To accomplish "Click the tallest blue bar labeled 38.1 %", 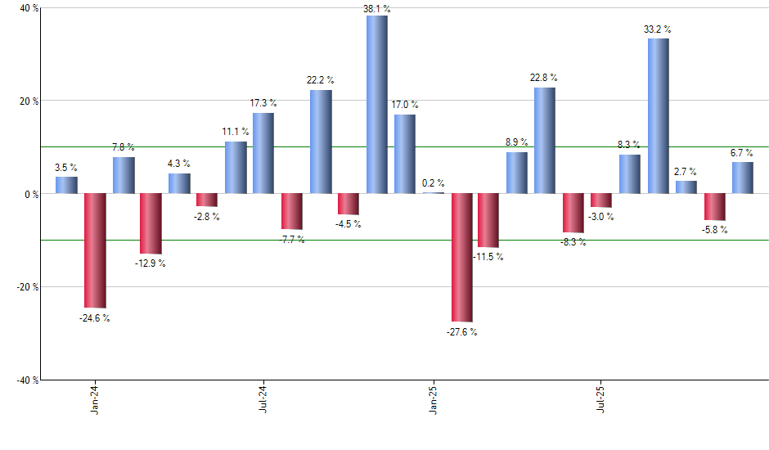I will point(377,105).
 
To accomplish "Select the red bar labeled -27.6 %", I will point(461,258).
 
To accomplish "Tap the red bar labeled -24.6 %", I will point(95,250).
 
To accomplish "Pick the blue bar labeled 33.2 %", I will point(659,116).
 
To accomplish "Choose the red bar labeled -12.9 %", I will point(151,223).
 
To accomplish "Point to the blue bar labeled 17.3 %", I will point(263,153).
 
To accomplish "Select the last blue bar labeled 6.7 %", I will point(743,178).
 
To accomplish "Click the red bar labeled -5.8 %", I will point(715,207).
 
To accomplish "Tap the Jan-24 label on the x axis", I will point(96,398).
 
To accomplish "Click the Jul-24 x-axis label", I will point(264,398).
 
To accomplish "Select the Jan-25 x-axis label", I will point(434,398).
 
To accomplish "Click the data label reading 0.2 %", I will point(433,183).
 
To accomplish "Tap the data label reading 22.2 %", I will point(321,79).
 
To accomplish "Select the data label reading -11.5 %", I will point(488,257).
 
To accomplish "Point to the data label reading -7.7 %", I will point(292,240).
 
